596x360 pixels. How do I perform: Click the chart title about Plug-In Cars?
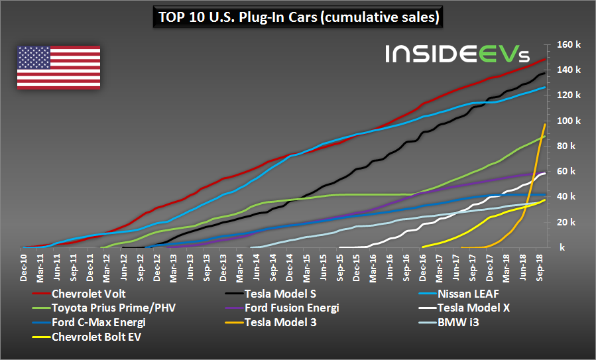pos(298,17)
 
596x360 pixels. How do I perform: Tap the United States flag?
pos(58,67)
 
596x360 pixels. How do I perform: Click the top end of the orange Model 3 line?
pos(545,124)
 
